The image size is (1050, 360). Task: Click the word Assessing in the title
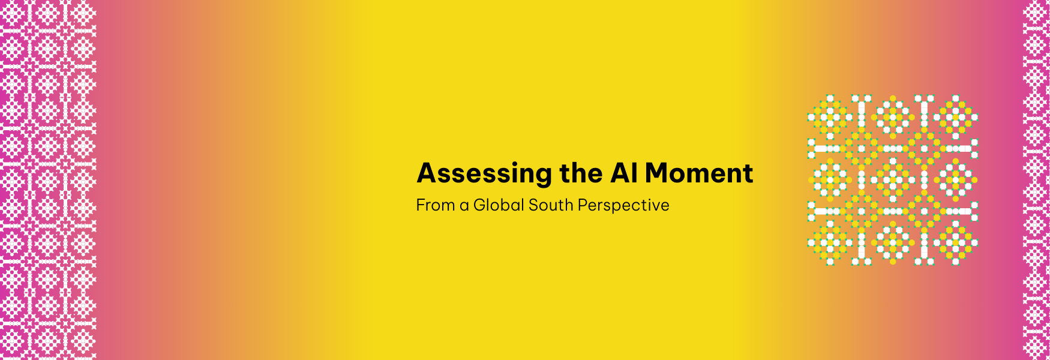(484, 173)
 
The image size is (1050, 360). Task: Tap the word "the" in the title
(581, 173)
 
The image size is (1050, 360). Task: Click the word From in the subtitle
(435, 205)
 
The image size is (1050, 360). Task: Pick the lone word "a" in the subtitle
(464, 206)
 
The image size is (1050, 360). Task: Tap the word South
(551, 205)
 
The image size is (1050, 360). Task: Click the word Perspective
(623, 206)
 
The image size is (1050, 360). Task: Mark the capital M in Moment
(658, 173)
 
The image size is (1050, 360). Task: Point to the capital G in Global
(479, 205)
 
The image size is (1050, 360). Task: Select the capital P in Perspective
(583, 205)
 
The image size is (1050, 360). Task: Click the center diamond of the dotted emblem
(893, 179)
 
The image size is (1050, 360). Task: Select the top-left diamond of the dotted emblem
(830, 116)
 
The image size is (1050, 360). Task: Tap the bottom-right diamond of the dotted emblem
(955, 242)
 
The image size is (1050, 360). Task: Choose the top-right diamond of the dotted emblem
(955, 116)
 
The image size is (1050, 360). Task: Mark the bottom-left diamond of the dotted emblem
(830, 242)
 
